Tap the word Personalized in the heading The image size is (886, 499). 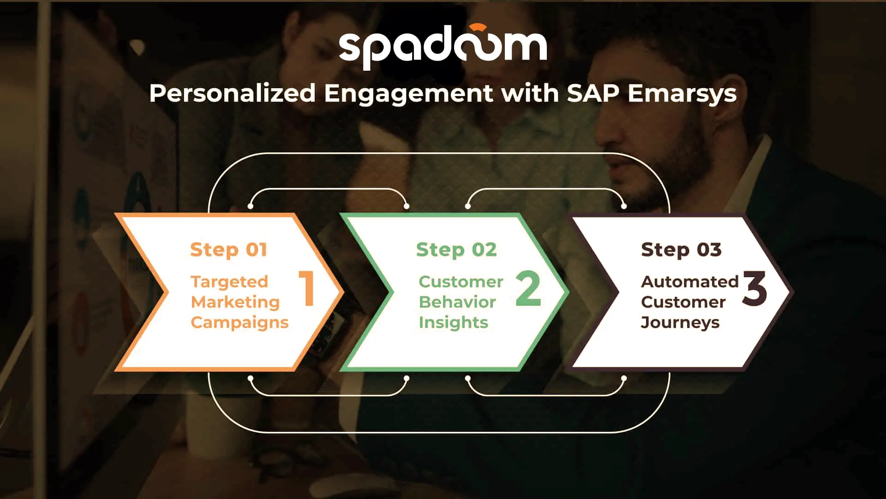tap(233, 93)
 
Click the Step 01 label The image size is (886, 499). tap(229, 250)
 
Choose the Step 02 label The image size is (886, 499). tap(456, 250)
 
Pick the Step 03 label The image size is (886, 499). tap(681, 250)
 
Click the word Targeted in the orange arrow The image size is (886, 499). tap(229, 282)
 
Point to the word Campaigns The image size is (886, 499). tap(239, 323)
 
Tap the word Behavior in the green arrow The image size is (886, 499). tap(457, 302)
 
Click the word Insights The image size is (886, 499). tap(453, 323)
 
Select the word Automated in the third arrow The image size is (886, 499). tap(690, 282)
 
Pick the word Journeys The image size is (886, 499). tap(680, 323)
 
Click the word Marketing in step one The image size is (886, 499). tap(235, 302)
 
